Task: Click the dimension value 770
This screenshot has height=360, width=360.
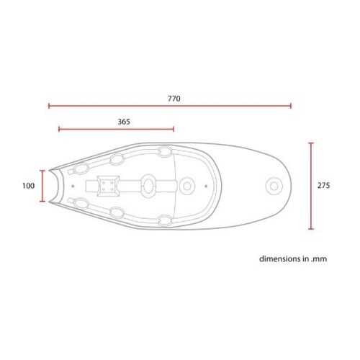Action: tap(174, 97)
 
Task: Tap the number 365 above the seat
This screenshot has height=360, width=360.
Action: tap(123, 122)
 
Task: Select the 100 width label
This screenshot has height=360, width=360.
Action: tap(28, 186)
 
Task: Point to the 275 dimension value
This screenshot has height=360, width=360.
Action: tap(323, 186)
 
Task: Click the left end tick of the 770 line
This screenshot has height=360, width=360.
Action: tap(48, 106)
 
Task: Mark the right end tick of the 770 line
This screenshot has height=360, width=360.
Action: tap(292, 106)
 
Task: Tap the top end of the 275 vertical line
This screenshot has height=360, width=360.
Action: tap(310, 143)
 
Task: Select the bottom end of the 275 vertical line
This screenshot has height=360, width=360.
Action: tap(310, 230)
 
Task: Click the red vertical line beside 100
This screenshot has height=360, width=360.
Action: tap(42, 186)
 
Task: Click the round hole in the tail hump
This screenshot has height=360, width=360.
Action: tap(274, 186)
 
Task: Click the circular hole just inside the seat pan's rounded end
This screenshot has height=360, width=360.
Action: tap(187, 186)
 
